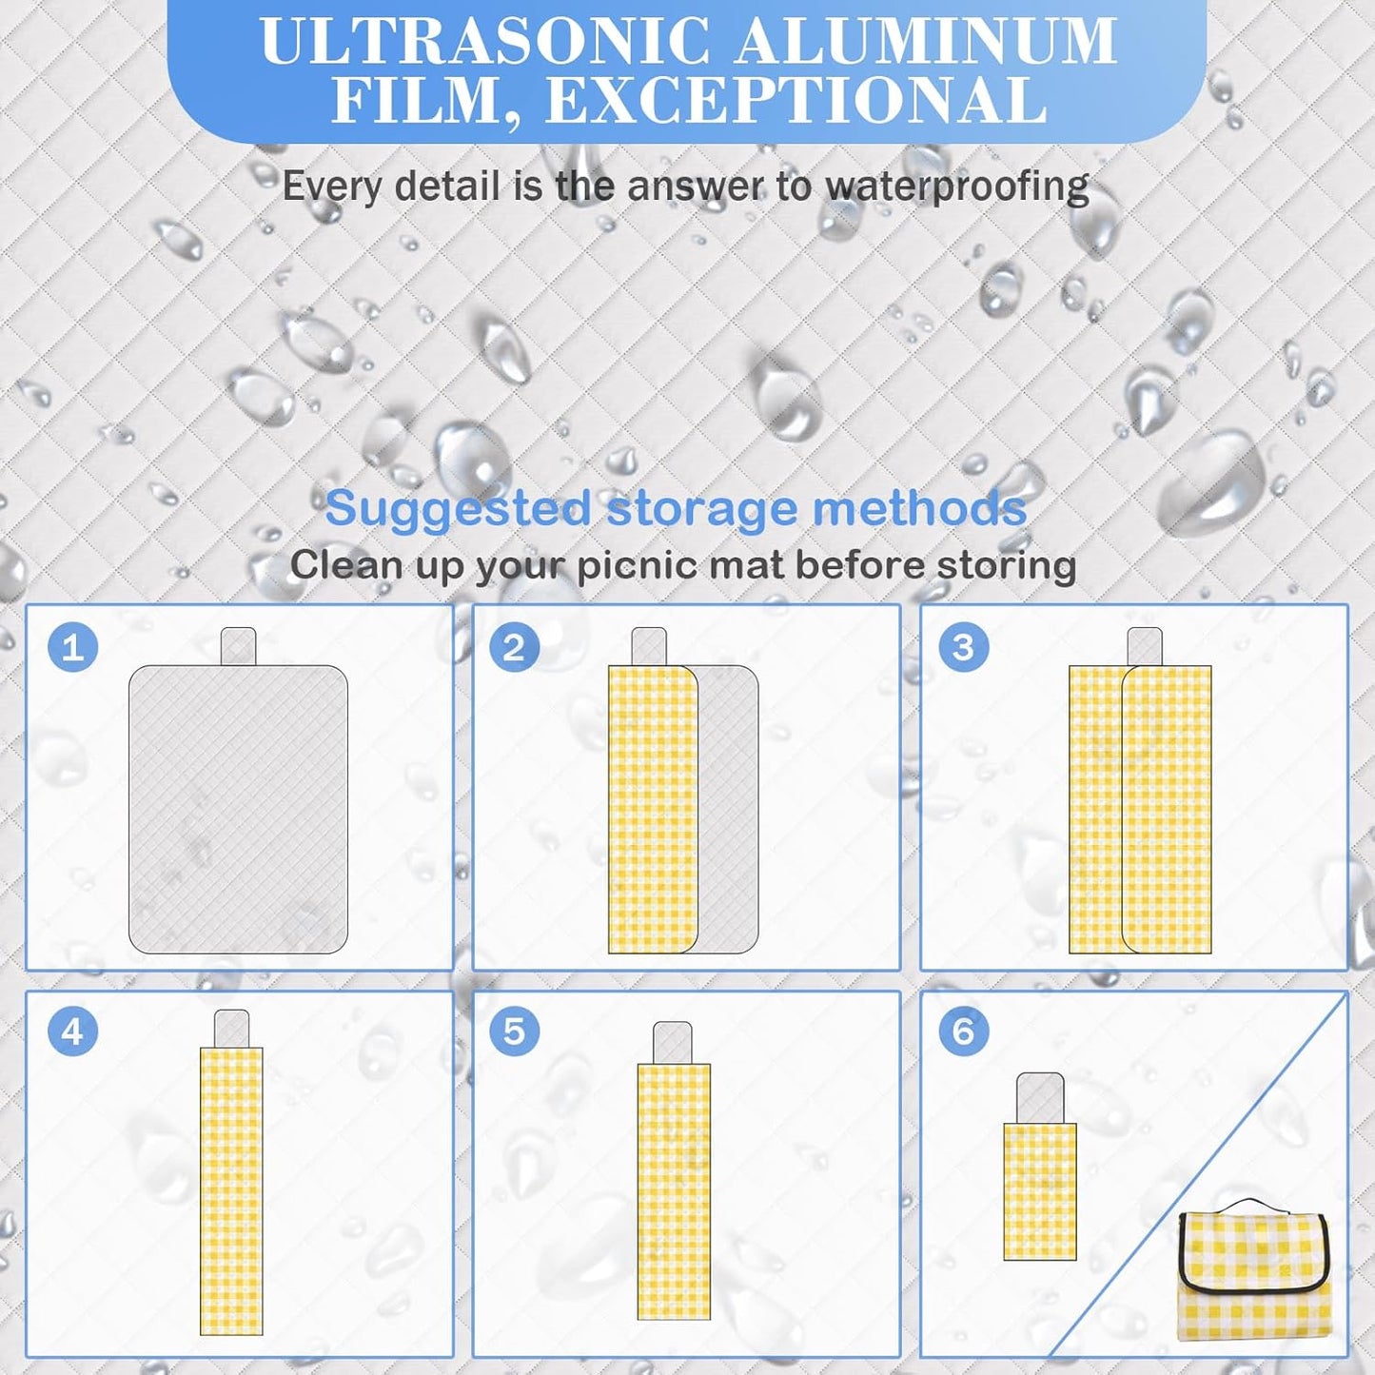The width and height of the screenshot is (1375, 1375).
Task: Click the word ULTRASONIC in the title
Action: coord(484,41)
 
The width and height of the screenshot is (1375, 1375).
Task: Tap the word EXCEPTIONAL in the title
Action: coord(796,101)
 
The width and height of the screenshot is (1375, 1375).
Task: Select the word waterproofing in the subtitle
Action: coord(957,187)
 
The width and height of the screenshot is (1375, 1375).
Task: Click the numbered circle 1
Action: coord(72,648)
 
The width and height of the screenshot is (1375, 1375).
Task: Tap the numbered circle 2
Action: coord(514,648)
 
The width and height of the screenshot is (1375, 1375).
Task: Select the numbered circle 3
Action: coord(963,648)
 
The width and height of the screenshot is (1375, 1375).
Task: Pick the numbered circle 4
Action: coord(72,1031)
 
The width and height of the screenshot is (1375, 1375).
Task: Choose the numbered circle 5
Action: coord(514,1031)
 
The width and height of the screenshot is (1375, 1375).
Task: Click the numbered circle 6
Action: coord(963,1031)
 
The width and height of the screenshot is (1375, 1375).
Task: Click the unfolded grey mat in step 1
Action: coord(238,809)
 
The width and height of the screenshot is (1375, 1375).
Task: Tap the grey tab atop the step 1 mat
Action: coord(238,646)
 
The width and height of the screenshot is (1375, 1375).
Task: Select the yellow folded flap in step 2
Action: coord(653,809)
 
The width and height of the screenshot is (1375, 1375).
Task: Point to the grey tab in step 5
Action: coord(673,1043)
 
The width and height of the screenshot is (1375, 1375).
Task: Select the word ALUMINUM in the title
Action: coord(927,41)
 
